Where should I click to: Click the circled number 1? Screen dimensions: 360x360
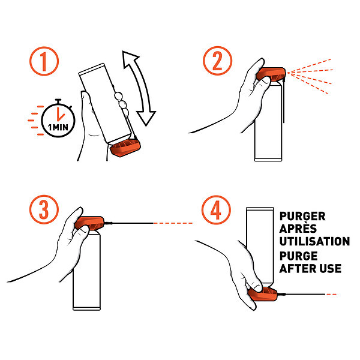[x=44, y=61]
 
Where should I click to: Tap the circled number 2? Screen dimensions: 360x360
[x=217, y=61]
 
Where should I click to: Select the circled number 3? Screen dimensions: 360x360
[x=44, y=209]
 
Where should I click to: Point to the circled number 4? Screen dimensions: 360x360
[x=216, y=210]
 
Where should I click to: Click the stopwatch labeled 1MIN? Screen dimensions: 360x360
[x=58, y=119]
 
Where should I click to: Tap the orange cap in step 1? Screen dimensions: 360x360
[x=125, y=148]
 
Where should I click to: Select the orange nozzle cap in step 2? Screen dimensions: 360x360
[x=271, y=74]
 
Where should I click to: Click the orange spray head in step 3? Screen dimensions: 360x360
[x=89, y=223]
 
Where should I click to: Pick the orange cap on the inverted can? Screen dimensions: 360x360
[x=263, y=294]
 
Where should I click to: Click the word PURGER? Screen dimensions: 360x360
[x=302, y=216]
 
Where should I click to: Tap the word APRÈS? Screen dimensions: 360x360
[x=298, y=228]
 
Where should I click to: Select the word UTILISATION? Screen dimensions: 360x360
[x=314, y=241]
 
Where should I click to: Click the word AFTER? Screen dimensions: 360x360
[x=296, y=269]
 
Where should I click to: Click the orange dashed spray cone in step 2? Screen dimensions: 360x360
[x=310, y=76]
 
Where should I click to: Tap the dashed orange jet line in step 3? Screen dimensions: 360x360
[x=173, y=223]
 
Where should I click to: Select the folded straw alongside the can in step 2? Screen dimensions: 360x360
[x=284, y=101]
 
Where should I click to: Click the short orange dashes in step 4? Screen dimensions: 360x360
[x=331, y=294]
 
